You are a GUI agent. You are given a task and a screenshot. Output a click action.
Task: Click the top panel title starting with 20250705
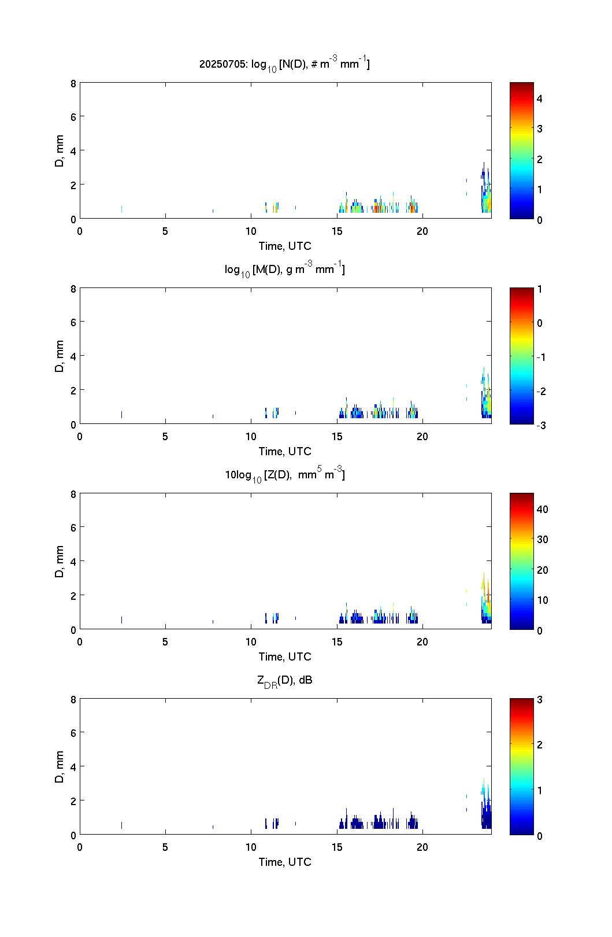[x=284, y=64]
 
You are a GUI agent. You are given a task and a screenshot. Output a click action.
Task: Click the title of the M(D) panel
[x=284, y=269]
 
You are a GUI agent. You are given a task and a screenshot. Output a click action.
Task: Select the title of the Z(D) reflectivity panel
[x=284, y=475]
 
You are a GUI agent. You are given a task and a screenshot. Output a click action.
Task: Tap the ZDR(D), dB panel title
[x=284, y=680]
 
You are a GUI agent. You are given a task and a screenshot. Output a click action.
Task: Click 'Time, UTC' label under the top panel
[x=284, y=246]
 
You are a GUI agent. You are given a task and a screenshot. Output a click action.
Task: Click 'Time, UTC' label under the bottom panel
[x=284, y=862]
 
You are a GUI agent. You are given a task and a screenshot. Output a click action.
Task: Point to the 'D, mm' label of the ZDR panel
[x=59, y=766]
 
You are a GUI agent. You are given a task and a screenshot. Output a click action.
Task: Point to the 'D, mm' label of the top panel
[x=59, y=150]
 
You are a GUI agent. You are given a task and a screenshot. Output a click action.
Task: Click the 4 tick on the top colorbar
[x=539, y=99]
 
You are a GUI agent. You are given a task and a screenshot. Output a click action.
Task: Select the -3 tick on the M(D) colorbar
[x=541, y=425]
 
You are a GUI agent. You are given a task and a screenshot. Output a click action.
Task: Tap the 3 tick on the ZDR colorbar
[x=539, y=699]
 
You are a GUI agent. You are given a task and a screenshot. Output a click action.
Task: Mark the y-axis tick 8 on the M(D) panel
[x=73, y=289]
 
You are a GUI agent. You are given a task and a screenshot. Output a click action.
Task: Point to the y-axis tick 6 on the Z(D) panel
[x=73, y=527]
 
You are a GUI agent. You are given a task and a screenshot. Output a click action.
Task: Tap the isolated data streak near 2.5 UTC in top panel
[x=121, y=209]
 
